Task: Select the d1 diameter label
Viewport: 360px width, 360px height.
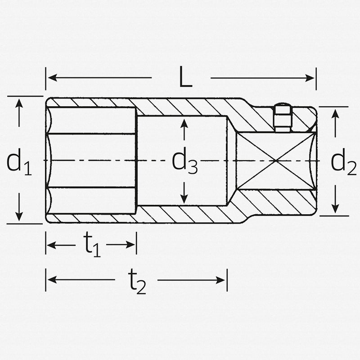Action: [19, 162]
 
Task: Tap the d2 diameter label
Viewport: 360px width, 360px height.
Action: [343, 162]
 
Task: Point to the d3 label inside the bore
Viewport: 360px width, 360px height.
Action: [184, 162]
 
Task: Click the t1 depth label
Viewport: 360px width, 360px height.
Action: [91, 246]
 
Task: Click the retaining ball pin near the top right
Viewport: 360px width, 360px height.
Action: [282, 118]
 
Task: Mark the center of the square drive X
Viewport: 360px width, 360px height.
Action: [275, 161]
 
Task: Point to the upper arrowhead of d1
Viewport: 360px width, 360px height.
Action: [19, 103]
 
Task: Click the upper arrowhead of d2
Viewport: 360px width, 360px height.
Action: [335, 113]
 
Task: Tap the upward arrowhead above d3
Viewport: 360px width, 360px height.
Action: [184, 123]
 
